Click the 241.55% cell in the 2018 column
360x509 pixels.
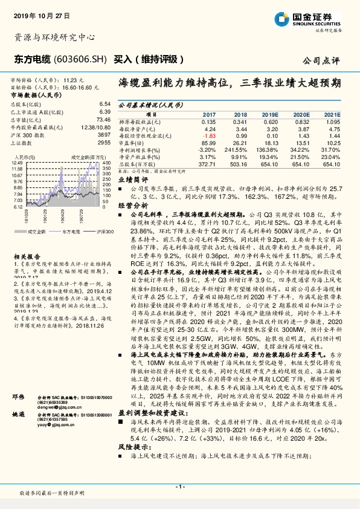[x=238, y=148]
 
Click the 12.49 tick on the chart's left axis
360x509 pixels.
[x=16, y=163]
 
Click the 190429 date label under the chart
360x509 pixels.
[x=62, y=215]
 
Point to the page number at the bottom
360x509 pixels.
[x=179, y=486]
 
